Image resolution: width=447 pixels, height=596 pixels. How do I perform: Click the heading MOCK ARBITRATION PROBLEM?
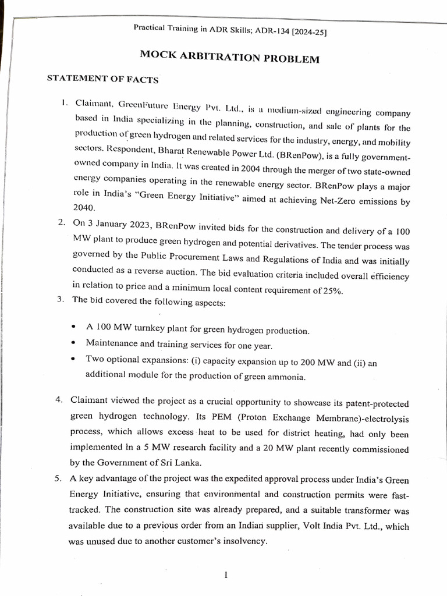pyautogui.click(x=229, y=59)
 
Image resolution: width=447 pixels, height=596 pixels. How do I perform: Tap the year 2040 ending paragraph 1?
pyautogui.click(x=83, y=208)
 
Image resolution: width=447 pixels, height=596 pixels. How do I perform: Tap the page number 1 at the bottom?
pyautogui.click(x=225, y=575)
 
